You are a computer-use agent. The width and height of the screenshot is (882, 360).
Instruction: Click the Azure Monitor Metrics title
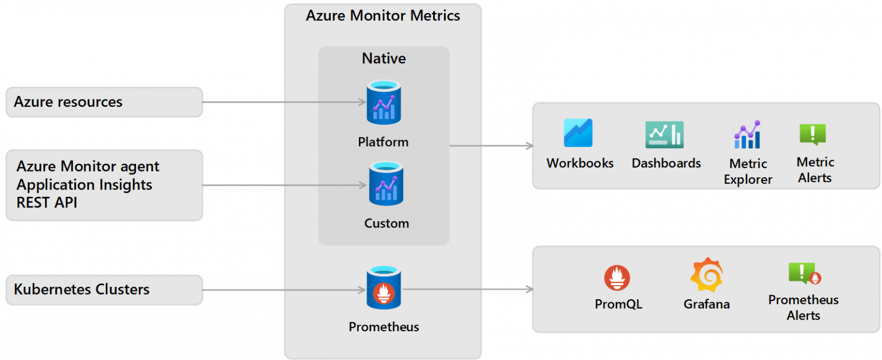[x=382, y=16]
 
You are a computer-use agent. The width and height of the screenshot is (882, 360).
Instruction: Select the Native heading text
[x=384, y=58]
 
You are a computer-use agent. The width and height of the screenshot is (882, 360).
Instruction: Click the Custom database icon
[x=384, y=183]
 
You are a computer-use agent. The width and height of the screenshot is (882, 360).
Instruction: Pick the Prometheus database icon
[x=384, y=288]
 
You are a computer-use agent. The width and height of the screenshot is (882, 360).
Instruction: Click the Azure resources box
[x=104, y=102]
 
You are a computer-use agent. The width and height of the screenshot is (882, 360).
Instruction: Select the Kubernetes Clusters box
[x=104, y=290]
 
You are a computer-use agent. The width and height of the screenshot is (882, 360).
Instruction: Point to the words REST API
[x=47, y=203]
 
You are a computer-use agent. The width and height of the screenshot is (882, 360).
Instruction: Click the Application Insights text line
[x=84, y=185]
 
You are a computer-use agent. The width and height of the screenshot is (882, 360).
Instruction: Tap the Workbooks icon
[x=579, y=133]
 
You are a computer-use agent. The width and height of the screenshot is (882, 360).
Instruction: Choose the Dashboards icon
[x=664, y=135]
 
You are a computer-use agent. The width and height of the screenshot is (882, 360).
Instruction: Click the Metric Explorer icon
[x=747, y=135]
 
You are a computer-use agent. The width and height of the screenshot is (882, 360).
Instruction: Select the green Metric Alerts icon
[x=812, y=135]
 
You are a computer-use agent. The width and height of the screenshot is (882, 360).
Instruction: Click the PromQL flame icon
[x=617, y=278]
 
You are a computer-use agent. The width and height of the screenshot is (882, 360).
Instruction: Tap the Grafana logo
[x=706, y=275]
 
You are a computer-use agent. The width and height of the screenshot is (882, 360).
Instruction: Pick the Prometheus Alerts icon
[x=804, y=273]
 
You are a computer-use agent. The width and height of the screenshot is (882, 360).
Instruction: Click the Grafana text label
[x=706, y=305]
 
